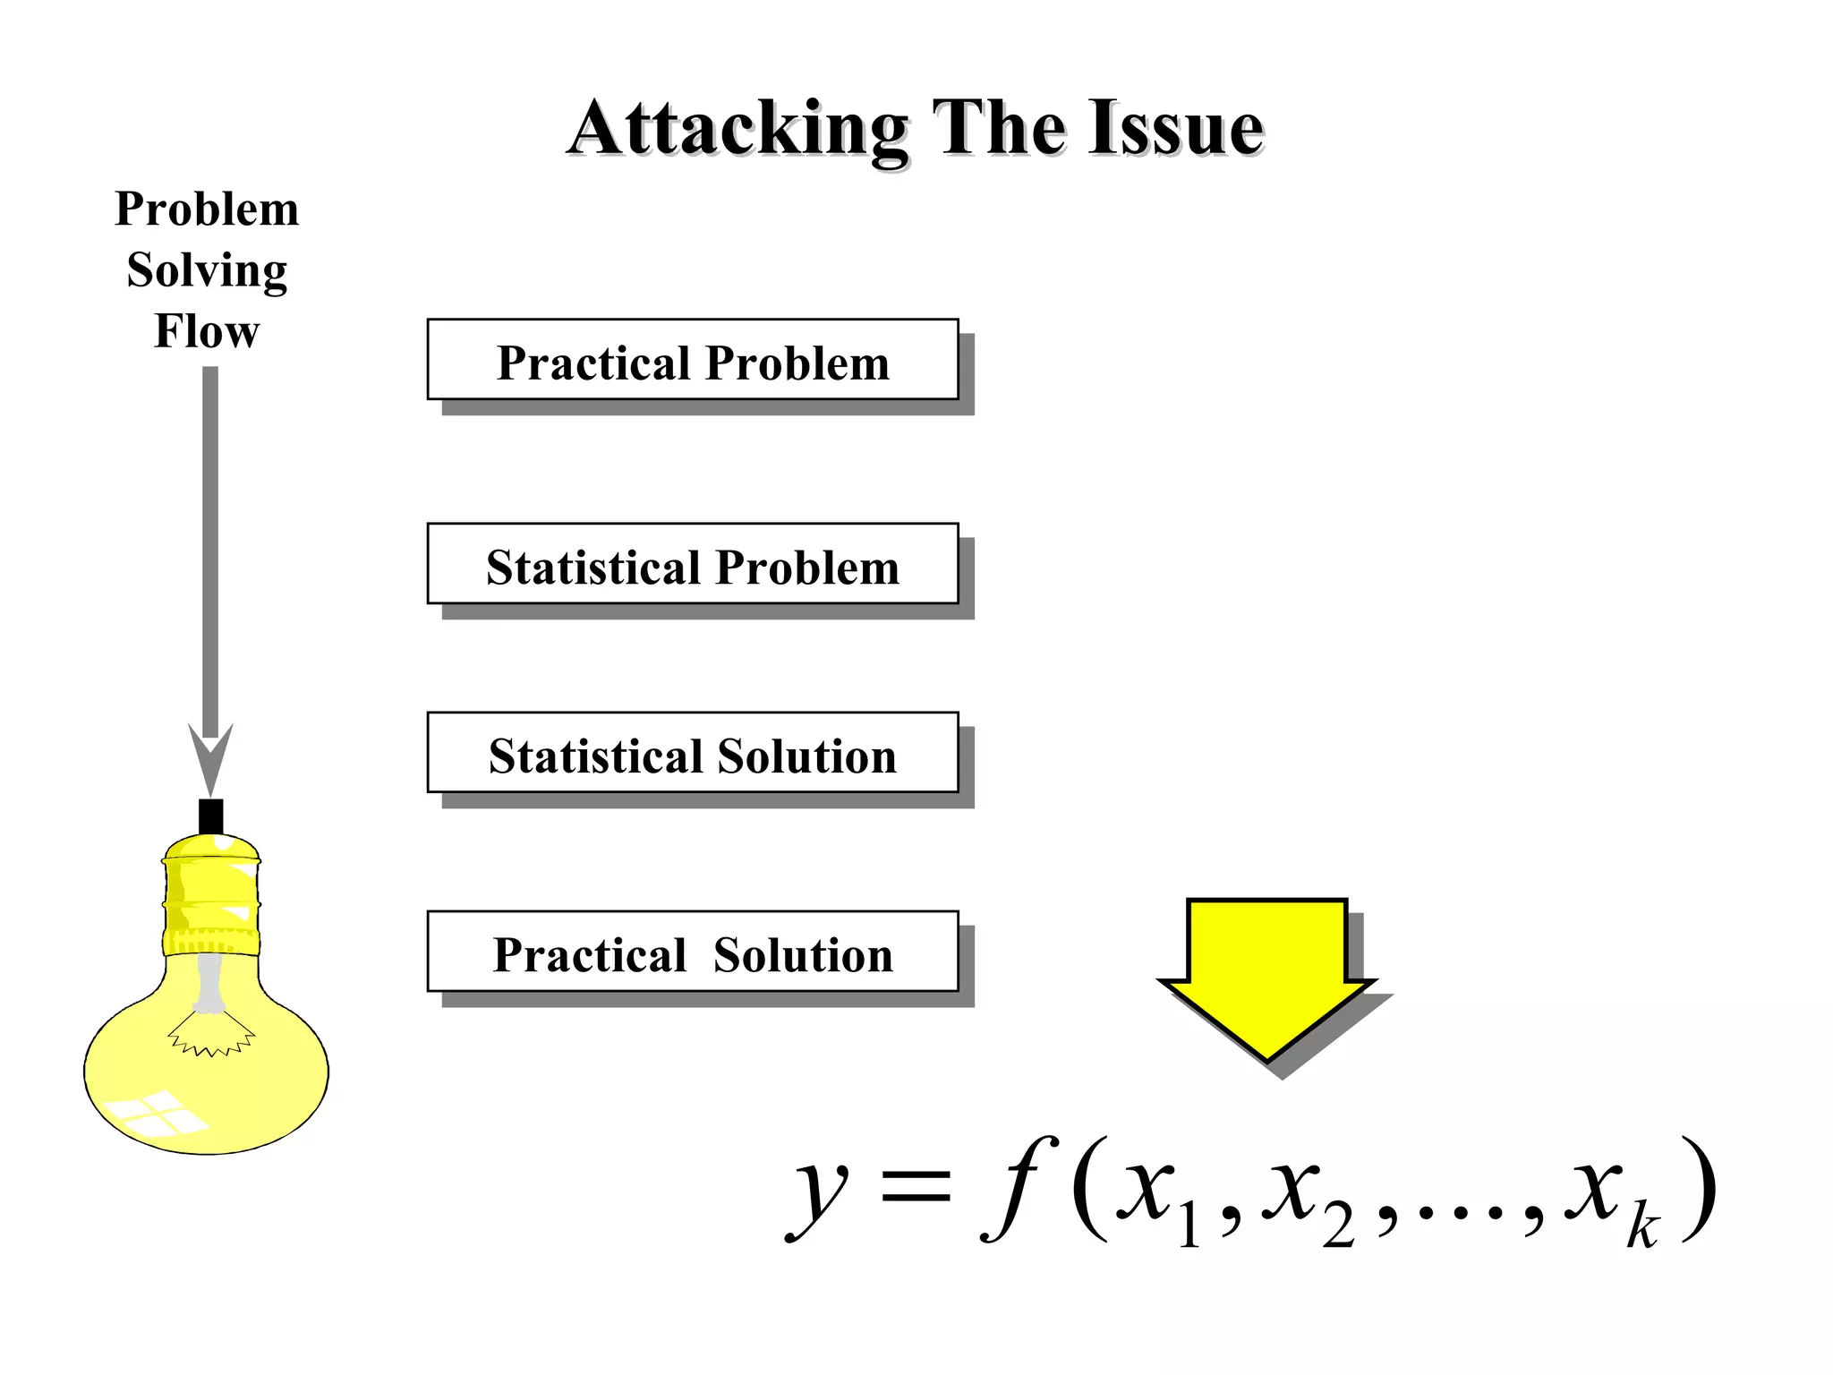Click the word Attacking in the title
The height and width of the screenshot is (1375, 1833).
(738, 130)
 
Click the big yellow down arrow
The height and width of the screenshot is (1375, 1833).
(1266, 976)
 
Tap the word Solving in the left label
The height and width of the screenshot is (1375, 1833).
(207, 270)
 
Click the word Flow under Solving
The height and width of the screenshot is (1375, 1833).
(207, 330)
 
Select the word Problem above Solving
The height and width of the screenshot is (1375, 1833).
(207, 209)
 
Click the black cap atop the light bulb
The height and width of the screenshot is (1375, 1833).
(210, 816)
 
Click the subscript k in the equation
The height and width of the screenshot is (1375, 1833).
(1643, 1227)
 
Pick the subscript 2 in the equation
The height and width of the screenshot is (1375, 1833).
(1338, 1226)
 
